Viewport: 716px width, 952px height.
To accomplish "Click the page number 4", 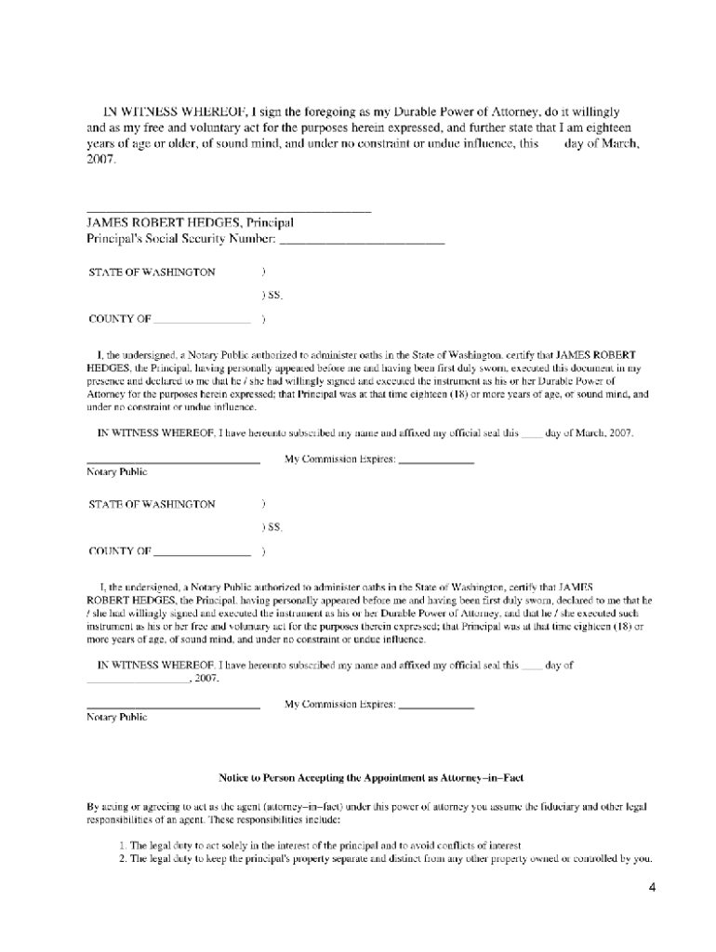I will (652, 887).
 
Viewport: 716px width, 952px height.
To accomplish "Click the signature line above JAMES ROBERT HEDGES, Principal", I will (229, 212).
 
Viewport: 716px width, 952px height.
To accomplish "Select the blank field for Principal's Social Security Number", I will (362, 243).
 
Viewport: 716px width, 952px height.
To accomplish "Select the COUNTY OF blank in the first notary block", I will (202, 321).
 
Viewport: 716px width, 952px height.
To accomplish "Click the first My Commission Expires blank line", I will (436, 462).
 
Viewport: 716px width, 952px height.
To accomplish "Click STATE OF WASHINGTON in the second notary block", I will (152, 504).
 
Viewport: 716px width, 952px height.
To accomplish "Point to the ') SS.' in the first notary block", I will (272, 297).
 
